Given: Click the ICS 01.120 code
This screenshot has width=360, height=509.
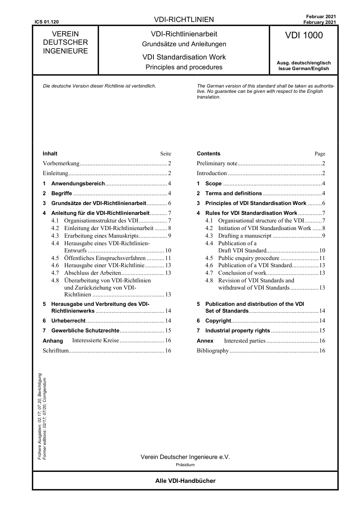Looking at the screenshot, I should coord(46,22).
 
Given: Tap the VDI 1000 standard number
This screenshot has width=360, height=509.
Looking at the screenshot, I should coord(304,36).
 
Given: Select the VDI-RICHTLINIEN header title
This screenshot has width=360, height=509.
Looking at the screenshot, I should coord(184,20).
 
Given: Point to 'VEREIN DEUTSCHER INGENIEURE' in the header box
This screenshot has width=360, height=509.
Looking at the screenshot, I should coord(65,42).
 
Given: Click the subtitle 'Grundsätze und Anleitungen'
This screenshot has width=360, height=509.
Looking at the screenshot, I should coord(184,44).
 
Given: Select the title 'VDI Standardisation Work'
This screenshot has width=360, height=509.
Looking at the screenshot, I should coord(184,57).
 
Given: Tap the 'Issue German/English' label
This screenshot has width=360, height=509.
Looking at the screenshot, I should coord(304,69).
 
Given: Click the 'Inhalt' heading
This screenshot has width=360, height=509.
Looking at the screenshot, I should coord(50,153).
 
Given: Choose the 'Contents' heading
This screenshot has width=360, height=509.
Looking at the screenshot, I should coord(208,153).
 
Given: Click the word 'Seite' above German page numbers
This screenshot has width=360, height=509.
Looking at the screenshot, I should coord(166,154).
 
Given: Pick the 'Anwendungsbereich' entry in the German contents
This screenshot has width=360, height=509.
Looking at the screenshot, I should coord(78,183).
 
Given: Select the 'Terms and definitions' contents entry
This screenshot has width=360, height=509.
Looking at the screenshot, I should coord(233,193).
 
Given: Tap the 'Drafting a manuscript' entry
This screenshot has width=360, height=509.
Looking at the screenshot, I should coord(245,236).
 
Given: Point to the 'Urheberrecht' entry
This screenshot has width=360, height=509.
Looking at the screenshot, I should coord(68,321).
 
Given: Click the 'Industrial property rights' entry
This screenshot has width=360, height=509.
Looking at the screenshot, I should coord(238,330).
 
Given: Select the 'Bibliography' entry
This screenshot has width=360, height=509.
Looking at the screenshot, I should coord(213,351).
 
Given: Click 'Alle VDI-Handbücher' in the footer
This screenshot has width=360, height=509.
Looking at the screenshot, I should coord(185,481).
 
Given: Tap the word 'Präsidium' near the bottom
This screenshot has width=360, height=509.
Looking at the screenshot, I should coord(185,465).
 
